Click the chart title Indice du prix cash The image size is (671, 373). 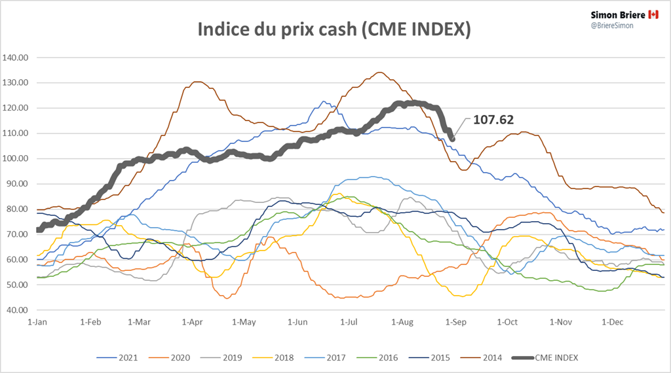pyautogui.click(x=334, y=30)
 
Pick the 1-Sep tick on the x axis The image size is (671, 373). pyautogui.click(x=453, y=322)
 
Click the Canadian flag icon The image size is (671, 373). pyautogui.click(x=653, y=14)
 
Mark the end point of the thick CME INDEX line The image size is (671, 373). pyautogui.click(x=452, y=138)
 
